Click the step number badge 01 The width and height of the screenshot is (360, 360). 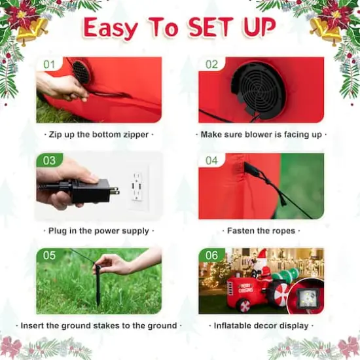tap(49, 65)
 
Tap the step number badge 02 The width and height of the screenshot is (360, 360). tap(211, 65)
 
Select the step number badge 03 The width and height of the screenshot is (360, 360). tap(50, 160)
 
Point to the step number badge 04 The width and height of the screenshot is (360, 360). tap(211, 160)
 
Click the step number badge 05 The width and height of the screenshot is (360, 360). tap(50, 255)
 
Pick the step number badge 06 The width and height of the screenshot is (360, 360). tap(211, 255)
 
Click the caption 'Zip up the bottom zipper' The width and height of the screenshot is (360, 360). tap(99, 135)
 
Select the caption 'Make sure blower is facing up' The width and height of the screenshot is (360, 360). tap(261, 135)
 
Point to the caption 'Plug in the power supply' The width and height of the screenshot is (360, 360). tap(99, 231)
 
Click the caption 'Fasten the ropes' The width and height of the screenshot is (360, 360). tap(261, 231)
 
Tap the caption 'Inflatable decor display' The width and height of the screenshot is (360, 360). tap(261, 325)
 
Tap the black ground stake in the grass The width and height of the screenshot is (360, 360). tap(98, 283)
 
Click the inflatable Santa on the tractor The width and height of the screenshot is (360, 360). tap(262, 262)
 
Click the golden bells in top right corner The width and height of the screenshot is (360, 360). tap(327, 29)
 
